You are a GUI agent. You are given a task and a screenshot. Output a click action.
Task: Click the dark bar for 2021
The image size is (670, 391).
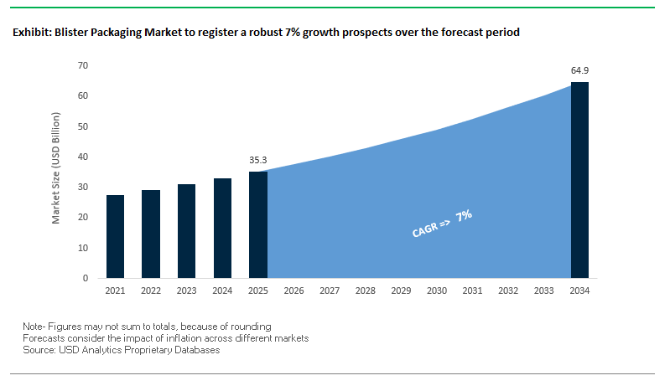(x=116, y=236)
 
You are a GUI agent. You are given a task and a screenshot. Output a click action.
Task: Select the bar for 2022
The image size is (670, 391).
(x=151, y=234)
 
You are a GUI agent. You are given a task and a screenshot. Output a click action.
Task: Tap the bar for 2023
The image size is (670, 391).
(x=186, y=231)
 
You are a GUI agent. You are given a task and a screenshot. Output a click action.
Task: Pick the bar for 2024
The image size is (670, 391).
(x=222, y=228)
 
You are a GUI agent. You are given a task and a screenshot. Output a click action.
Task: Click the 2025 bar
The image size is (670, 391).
(x=257, y=224)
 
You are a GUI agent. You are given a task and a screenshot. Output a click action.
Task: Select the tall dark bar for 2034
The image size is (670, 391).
(x=579, y=180)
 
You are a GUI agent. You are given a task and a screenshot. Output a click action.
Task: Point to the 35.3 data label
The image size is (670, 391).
(x=257, y=159)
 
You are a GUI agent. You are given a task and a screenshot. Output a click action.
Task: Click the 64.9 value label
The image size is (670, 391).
(x=579, y=70)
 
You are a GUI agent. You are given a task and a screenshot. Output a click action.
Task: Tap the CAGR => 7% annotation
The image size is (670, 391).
(x=443, y=225)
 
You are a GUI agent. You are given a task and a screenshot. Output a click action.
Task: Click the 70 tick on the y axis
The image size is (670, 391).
(x=83, y=65)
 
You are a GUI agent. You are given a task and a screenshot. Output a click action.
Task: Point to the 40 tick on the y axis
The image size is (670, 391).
(x=83, y=157)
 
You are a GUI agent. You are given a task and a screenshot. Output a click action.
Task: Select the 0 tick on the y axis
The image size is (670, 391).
(x=86, y=278)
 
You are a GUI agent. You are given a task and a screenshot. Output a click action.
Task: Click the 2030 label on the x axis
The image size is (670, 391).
(x=436, y=291)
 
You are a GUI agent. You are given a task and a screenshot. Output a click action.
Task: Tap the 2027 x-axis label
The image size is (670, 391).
(x=330, y=291)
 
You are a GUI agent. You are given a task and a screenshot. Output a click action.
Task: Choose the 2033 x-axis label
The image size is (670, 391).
(x=543, y=291)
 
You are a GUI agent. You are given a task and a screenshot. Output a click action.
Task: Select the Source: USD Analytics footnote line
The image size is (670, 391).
(x=121, y=350)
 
